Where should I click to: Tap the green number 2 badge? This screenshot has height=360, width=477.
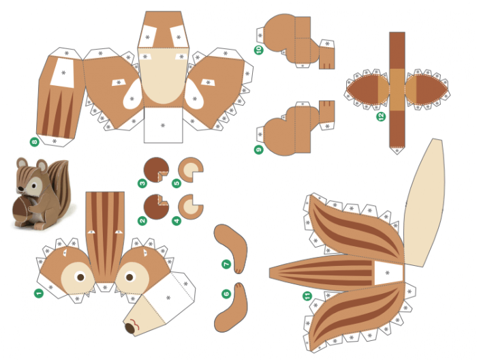pyautogui.click(x=142, y=220)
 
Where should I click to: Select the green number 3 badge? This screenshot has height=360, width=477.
pyautogui.click(x=142, y=183)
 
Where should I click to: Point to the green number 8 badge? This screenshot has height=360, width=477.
pyautogui.click(x=34, y=142)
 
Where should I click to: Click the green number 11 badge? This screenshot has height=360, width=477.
pyautogui.click(x=307, y=296)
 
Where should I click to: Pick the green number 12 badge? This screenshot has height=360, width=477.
pyautogui.click(x=380, y=117)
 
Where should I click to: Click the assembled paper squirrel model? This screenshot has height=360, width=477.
pyautogui.click(x=39, y=194)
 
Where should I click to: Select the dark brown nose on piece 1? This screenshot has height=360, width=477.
pyautogui.click(x=129, y=328)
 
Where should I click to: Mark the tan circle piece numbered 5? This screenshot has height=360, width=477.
pyautogui.click(x=190, y=170)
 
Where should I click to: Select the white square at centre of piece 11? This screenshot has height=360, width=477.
pyautogui.click(x=387, y=273)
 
